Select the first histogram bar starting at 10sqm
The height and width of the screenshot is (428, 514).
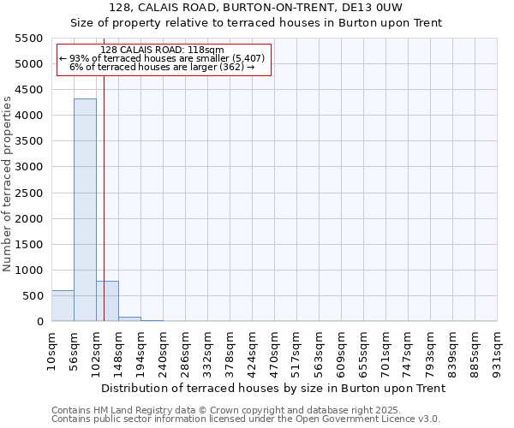tap(63, 306)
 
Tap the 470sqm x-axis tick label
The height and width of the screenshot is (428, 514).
tap(274, 352)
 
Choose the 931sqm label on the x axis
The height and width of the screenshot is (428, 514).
tap(497, 352)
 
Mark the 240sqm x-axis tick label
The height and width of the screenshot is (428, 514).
tap(163, 352)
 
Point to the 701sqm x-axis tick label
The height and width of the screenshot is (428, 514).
tap(385, 352)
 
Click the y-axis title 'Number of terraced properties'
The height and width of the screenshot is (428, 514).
tap(8, 184)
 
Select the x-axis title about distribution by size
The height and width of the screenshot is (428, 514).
tap(274, 389)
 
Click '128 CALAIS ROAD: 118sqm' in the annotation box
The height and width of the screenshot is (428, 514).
tap(162, 50)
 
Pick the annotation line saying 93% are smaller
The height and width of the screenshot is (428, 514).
tap(162, 58)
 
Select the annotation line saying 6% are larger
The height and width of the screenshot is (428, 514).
tap(162, 67)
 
